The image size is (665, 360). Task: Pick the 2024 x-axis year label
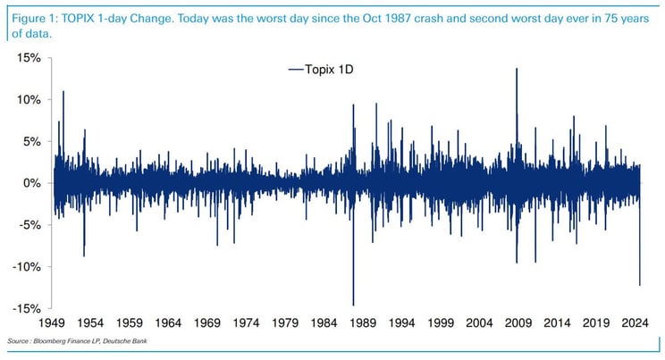(x=634, y=323)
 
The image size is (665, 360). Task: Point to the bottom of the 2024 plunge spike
(x=640, y=285)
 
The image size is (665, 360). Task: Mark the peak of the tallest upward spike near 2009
(x=517, y=68)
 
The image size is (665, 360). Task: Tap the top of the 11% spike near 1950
(x=63, y=91)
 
